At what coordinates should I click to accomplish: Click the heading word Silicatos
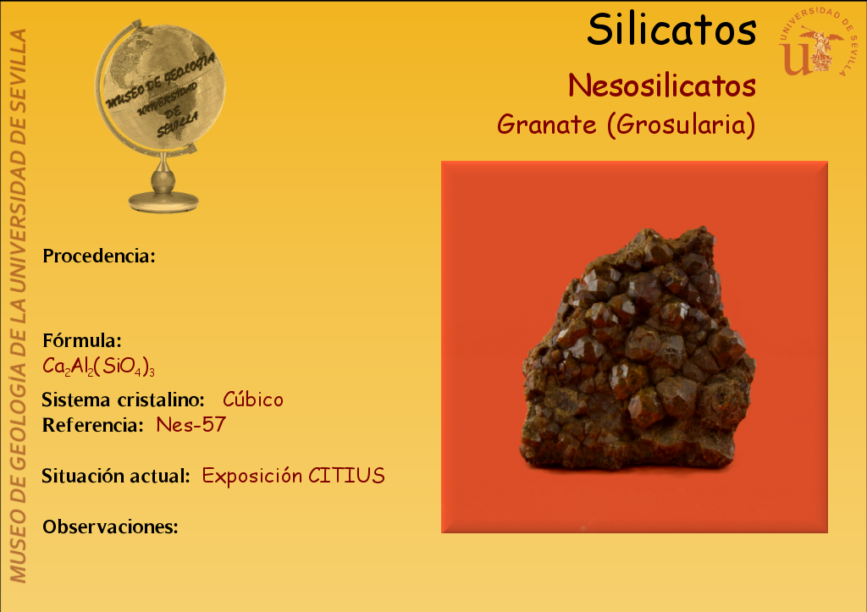tap(671, 30)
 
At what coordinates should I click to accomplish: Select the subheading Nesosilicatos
tap(662, 85)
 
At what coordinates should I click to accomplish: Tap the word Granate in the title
tap(546, 124)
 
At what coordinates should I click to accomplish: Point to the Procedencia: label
tap(99, 256)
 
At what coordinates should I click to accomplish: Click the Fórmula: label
tap(82, 340)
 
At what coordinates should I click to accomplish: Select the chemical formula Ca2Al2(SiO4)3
tap(98, 367)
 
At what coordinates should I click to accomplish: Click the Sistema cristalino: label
tap(124, 400)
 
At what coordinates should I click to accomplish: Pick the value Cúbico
tap(252, 399)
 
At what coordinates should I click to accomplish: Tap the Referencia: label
tap(93, 425)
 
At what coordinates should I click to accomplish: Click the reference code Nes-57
tap(191, 425)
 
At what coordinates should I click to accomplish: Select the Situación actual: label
tap(116, 476)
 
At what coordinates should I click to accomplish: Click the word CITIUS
tap(346, 476)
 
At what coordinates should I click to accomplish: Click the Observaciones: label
tap(111, 527)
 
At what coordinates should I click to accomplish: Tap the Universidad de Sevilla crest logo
tap(817, 42)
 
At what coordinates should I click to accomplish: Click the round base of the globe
tap(163, 201)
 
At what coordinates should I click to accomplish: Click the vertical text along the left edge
tap(18, 306)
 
